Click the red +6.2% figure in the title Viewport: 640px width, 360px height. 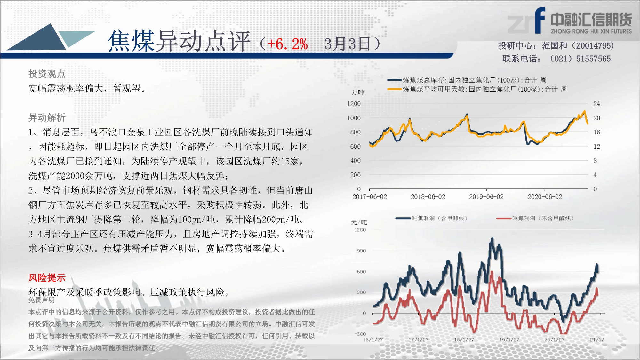[x=287, y=44]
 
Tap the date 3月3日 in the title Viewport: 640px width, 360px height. [x=347, y=44]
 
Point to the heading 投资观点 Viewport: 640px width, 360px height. [x=47, y=74]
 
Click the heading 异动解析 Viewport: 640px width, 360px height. [x=47, y=117]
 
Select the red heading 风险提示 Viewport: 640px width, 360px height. [x=47, y=277]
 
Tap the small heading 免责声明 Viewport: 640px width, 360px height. [x=42, y=300]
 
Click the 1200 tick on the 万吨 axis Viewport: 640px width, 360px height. [x=354, y=104]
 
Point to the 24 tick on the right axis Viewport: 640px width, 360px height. [x=596, y=104]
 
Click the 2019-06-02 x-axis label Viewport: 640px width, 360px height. [x=486, y=197]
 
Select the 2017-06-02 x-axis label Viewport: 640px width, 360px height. [x=370, y=197]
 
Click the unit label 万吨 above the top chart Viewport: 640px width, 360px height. [x=358, y=92]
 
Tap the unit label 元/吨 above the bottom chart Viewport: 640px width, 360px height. [x=359, y=222]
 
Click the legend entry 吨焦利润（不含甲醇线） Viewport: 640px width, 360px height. [x=535, y=218]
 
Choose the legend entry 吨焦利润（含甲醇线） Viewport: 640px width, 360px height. [x=432, y=218]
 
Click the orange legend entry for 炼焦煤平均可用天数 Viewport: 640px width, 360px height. [x=477, y=89]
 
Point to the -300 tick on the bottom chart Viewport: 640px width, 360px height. [x=360, y=334]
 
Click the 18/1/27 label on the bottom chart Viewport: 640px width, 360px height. [x=464, y=340]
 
